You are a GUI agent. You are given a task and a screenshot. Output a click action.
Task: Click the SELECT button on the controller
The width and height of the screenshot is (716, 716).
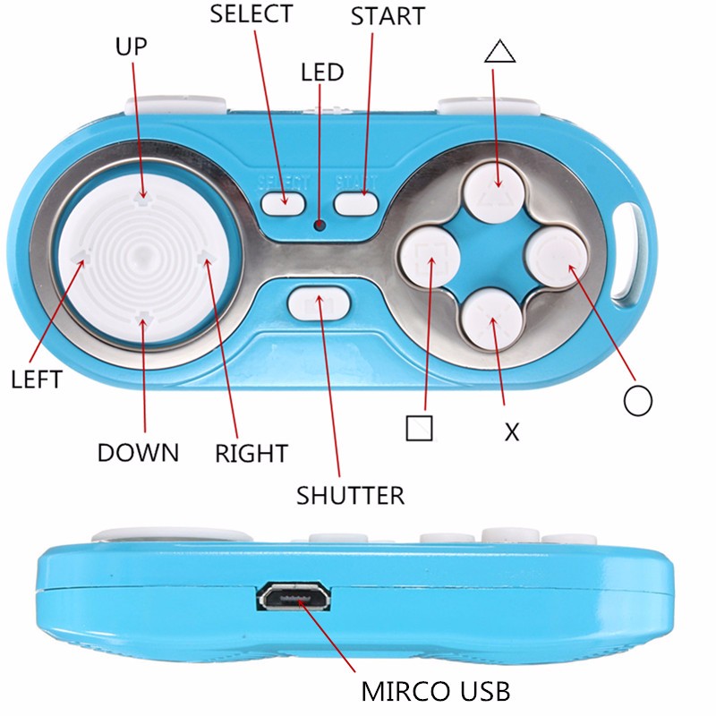283,204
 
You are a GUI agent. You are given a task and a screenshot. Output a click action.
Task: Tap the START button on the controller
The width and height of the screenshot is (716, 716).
356,204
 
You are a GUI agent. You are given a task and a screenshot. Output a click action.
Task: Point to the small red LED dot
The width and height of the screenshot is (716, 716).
320,225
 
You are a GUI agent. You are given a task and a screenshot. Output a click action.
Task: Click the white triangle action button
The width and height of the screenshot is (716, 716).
494,192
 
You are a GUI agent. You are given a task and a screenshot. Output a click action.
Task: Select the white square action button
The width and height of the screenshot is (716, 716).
430,257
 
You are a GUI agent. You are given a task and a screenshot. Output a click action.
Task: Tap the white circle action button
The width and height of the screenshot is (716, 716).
558,257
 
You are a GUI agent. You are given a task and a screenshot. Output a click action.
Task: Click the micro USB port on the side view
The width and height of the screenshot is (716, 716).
294,596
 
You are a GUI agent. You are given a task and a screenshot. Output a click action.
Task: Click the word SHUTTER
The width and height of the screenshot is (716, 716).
350,496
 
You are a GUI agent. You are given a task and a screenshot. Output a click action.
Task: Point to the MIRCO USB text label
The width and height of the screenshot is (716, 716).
436,691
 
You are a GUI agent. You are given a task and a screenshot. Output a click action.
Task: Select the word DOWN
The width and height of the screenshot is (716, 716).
138,453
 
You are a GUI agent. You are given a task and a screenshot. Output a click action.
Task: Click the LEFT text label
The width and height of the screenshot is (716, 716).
37,379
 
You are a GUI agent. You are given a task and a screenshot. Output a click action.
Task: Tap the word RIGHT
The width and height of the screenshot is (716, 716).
251,454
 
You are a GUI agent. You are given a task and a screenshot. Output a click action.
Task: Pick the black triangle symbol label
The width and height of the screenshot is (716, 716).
500,51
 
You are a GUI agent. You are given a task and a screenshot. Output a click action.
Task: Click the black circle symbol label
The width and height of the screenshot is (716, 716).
637,400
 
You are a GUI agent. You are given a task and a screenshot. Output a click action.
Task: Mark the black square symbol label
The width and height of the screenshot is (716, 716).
419,429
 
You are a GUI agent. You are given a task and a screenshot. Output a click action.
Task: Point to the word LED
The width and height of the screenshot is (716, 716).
322,72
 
